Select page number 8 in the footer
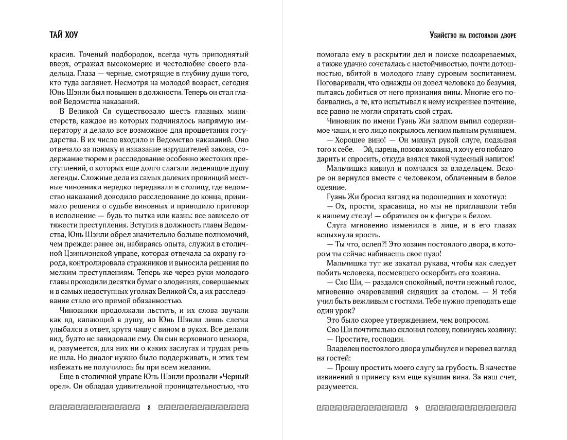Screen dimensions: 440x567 click(x=149, y=408)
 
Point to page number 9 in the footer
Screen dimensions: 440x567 click(x=416, y=408)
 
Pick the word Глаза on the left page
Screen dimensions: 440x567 click(x=62, y=74)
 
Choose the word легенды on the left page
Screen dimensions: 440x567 click(x=63, y=178)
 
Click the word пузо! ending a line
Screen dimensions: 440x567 click(x=431, y=254)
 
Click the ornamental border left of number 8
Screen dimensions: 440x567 click(x=95, y=408)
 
